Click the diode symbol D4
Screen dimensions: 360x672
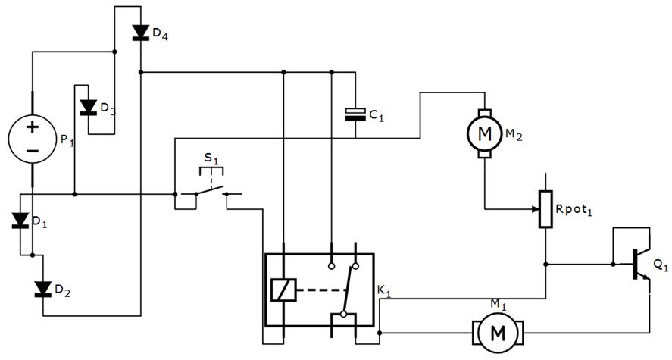coord(140,32)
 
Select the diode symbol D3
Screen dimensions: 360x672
coord(88,107)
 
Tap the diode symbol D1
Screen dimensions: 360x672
coord(20,221)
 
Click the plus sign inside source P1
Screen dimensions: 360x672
coord(32,126)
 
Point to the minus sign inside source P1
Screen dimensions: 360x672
coord(32,152)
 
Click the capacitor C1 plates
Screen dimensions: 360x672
coord(355,114)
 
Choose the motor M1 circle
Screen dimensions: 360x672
coord(497,332)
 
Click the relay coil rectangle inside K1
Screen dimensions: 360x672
coord(281,290)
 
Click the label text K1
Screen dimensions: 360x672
coord(384,290)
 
